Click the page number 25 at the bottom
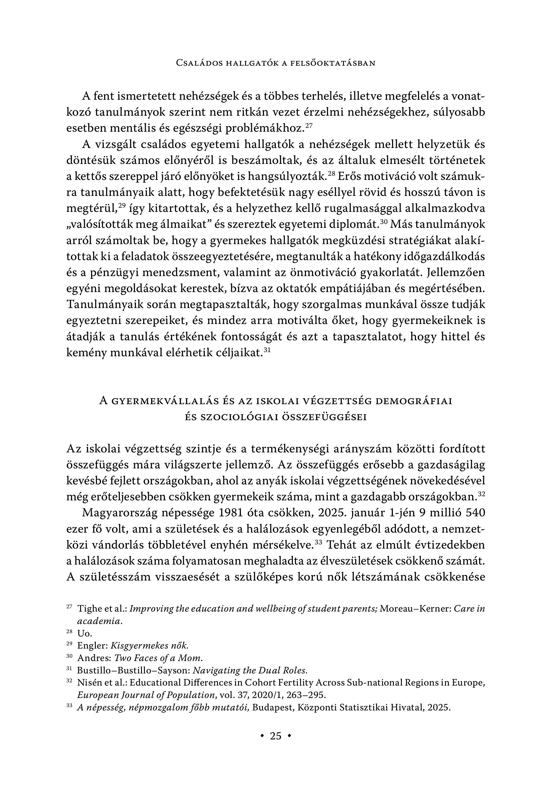coord(276,736)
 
